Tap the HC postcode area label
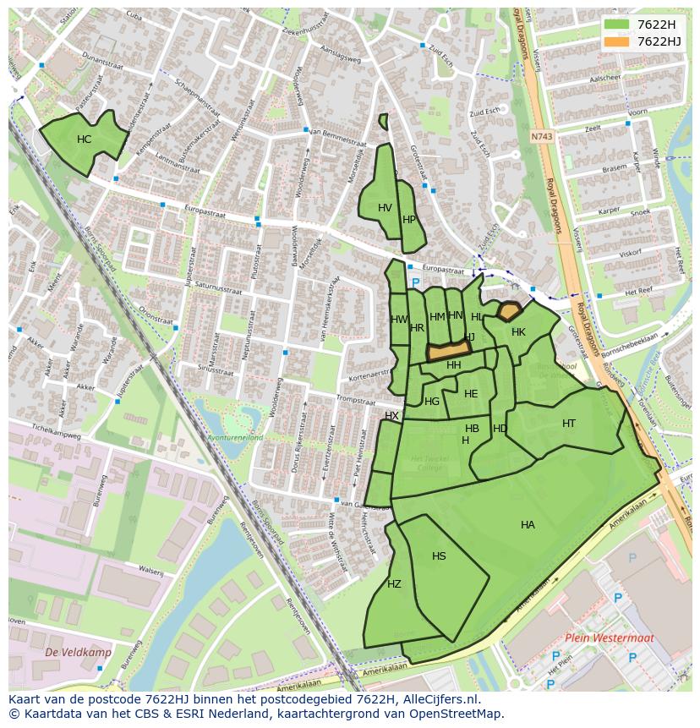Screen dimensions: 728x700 tap(84, 140)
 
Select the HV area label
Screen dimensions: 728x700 tap(385, 208)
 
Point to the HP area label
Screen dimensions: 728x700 tap(409, 219)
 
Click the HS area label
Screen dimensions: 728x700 tap(439, 556)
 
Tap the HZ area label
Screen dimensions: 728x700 tap(394, 584)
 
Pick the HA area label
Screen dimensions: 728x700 tap(528, 525)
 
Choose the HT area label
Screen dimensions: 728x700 tap(569, 424)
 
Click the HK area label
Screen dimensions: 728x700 tap(518, 332)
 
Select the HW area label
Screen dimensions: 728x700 tap(399, 320)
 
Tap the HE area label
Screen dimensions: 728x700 tap(471, 394)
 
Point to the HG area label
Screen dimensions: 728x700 tap(432, 402)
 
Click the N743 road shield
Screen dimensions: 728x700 tap(542, 136)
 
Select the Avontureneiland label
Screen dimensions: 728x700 tap(236, 438)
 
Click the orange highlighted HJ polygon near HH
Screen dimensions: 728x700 tap(448, 350)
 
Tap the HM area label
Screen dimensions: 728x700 tap(437, 317)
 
